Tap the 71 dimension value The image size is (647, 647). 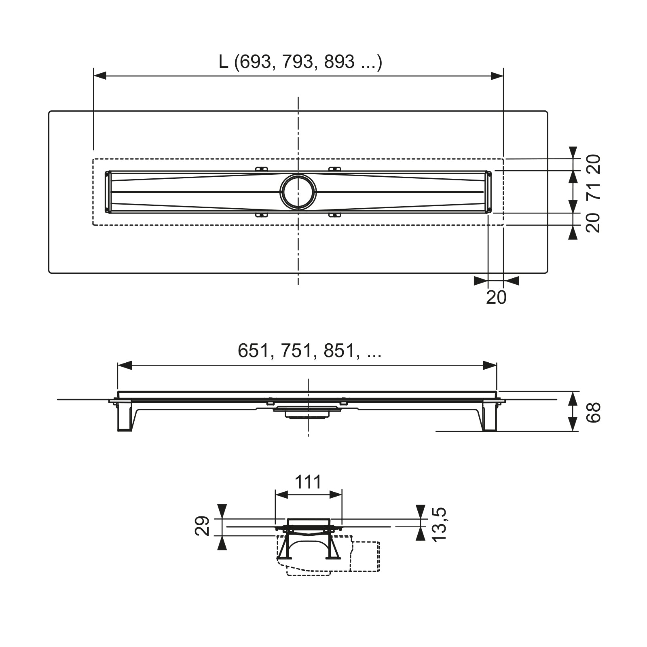coord(593,191)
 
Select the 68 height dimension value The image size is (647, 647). coord(593,412)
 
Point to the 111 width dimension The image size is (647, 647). coord(308,482)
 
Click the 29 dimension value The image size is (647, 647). coord(202,526)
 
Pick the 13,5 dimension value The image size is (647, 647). coord(439,524)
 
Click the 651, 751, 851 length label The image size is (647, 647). coord(310,351)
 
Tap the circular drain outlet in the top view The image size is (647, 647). coord(298,192)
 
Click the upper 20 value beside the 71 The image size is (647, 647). coord(593,164)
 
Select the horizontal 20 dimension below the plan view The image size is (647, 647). coord(496,297)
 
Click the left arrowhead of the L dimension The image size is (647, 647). coord(100,76)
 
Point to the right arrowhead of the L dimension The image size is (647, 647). coord(497,76)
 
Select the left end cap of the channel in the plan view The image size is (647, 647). coord(108,192)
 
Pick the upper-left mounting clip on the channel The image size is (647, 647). coord(262,169)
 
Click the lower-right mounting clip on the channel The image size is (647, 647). coord(334,215)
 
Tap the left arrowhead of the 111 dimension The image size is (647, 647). coord(281,495)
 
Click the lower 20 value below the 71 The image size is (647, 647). coord(593,222)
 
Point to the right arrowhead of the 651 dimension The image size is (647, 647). coord(490,366)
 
